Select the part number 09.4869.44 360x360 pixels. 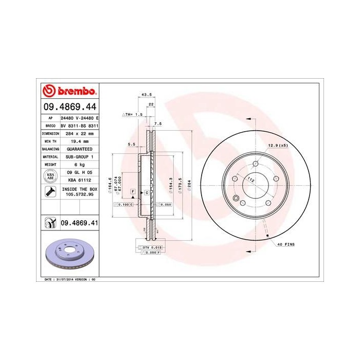click(x=69, y=107)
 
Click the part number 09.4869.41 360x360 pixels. click(x=79, y=223)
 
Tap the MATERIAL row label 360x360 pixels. click(x=50, y=156)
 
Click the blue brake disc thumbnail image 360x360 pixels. click(x=68, y=254)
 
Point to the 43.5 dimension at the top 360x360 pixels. click(x=146, y=94)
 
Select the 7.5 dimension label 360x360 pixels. click(x=158, y=124)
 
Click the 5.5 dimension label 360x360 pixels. click(x=131, y=145)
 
